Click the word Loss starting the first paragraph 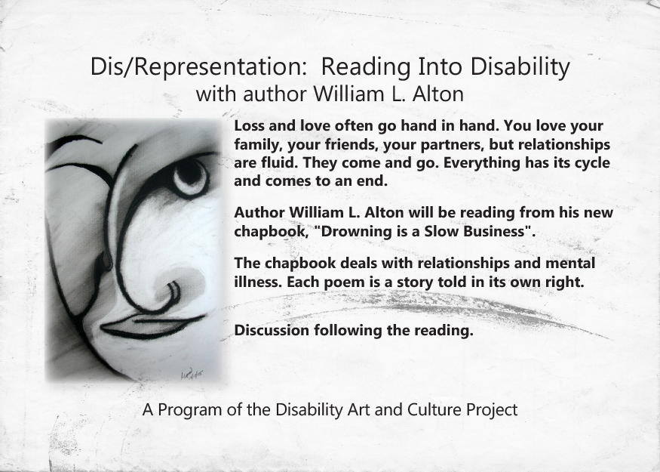(x=248, y=125)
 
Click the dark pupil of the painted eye (x=190, y=173)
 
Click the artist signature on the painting (x=192, y=373)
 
